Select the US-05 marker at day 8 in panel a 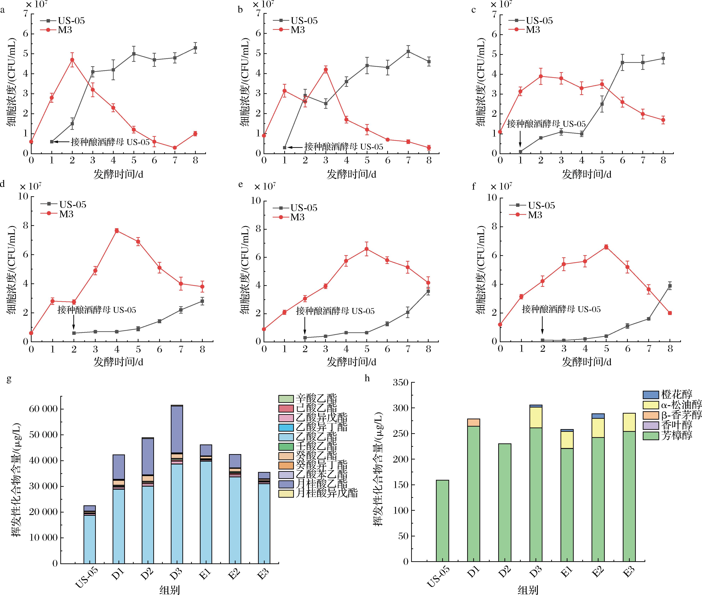(195, 48)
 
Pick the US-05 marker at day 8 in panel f (670, 286)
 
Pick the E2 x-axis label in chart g (234, 574)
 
